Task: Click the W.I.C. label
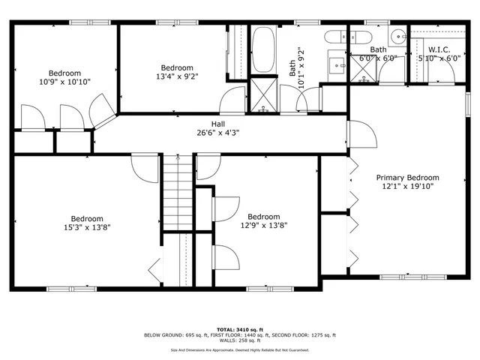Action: (439, 49)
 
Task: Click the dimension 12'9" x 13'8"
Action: (264, 224)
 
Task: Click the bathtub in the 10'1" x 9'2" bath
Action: (263, 49)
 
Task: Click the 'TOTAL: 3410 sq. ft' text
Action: (240, 328)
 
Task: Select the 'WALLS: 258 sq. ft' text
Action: (240, 340)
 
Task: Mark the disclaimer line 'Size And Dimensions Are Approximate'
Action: (240, 349)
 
